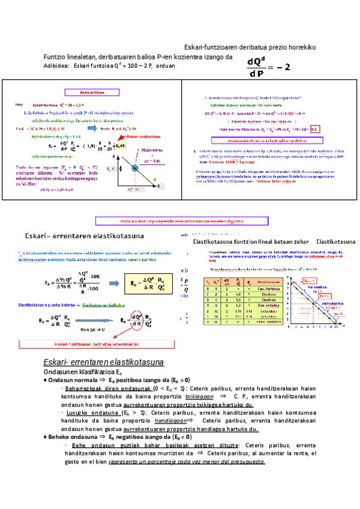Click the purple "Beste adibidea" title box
(90, 92)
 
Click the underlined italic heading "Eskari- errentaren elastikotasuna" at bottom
(100, 363)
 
